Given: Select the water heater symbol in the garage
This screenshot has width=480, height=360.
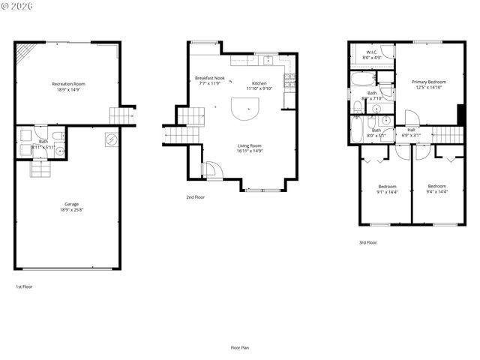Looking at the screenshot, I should [112, 139].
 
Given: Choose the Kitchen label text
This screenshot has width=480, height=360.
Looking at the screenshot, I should [259, 83].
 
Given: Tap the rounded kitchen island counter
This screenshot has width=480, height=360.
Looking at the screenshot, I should [244, 112].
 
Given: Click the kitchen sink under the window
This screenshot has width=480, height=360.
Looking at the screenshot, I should [266, 61].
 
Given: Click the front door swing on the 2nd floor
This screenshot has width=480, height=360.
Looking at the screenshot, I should [211, 170].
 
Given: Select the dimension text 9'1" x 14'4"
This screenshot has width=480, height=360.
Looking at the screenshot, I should [387, 192].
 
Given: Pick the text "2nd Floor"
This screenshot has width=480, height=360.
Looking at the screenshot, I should [195, 197].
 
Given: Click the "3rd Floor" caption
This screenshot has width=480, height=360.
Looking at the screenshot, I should [367, 242].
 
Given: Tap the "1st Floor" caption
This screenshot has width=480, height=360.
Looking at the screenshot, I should [24, 286].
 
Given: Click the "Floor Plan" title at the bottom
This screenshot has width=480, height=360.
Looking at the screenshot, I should [240, 347].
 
